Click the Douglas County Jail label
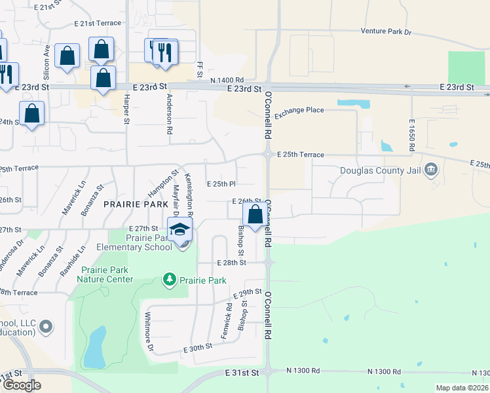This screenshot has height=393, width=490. [x=380, y=171]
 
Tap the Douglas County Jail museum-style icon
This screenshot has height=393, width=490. [x=430, y=171]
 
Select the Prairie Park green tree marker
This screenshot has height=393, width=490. [x=169, y=280]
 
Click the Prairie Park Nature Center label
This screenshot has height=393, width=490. [x=109, y=274]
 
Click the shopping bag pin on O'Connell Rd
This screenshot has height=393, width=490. [x=255, y=214]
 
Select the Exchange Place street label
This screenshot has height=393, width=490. [x=299, y=110]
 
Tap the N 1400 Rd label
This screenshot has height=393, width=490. [x=227, y=79]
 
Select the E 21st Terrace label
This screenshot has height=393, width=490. [x=98, y=23]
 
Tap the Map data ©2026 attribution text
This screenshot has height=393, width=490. [x=462, y=388]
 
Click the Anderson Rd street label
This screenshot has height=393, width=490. [x=169, y=114]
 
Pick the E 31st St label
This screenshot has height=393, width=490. [x=242, y=372]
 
